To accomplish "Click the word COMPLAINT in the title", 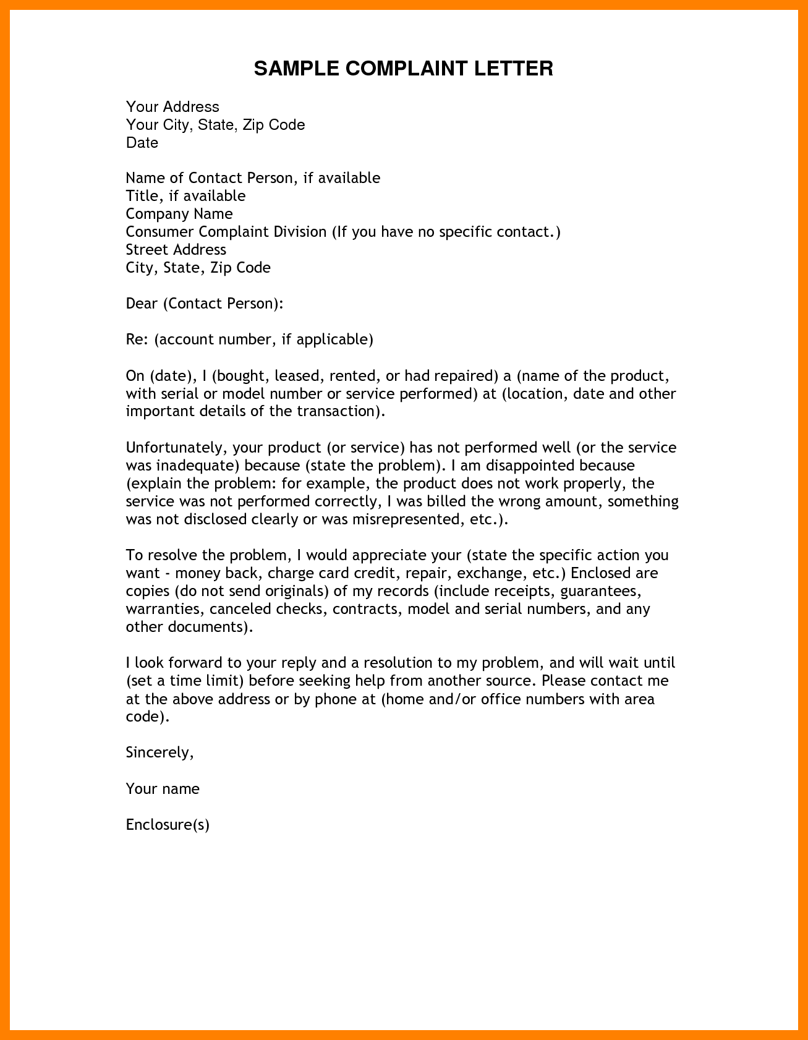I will coord(407,68).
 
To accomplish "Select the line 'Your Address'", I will coord(172,107).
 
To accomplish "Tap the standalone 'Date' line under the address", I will coord(142,143).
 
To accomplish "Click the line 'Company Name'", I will coord(179,214).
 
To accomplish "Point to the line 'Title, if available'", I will coord(185,196).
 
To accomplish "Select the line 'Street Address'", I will coord(176,250).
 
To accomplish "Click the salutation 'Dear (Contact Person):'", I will coord(205,304).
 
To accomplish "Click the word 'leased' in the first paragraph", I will coord(297,376).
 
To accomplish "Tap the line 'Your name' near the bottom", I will coord(163,789).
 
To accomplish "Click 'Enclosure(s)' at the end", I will coord(168,825).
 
